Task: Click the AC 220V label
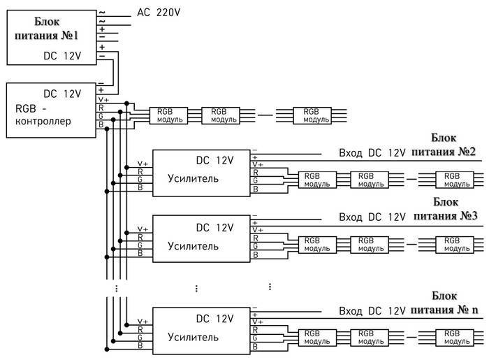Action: pos(159,13)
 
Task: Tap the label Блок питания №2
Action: pos(444,145)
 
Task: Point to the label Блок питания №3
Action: pos(445,209)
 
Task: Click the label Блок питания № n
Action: pos(444,303)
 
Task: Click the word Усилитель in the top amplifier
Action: pos(193,178)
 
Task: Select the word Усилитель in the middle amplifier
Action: pos(193,246)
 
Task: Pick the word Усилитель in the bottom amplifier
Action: pos(193,337)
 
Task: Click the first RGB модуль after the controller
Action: pos(168,116)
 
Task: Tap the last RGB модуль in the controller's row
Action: pos(312,116)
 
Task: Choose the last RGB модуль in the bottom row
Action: pos(454,338)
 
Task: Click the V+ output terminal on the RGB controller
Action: pos(103,100)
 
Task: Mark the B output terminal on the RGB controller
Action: pos(101,124)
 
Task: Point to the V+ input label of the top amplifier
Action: pos(143,164)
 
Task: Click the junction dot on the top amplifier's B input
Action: pos(107,192)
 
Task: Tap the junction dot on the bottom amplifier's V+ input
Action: pos(126,325)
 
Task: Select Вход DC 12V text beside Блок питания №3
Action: pos(372,217)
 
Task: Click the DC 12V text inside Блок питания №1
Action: pos(62,56)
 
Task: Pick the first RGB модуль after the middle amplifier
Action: pos(317,245)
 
